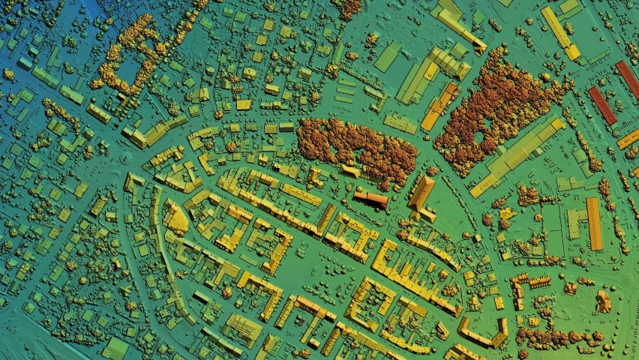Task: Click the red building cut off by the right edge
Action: [x=628, y=78]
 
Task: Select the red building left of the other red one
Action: [x=601, y=105]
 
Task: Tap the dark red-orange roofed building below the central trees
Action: [x=370, y=199]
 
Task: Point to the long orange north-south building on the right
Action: [x=594, y=223]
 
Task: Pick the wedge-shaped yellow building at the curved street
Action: [x=176, y=218]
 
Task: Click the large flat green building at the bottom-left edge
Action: [x=115, y=349]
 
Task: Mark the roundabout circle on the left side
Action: [x=124, y=160]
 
